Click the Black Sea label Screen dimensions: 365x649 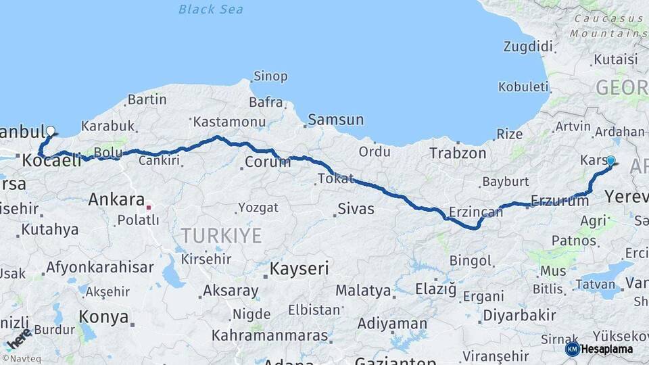coord(211,9)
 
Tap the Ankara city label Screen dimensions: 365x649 coord(116,200)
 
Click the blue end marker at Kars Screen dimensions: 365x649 coord(610,161)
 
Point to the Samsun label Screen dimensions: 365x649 coord(335,120)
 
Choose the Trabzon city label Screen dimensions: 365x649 coord(458,153)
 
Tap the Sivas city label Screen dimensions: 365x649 coord(356,209)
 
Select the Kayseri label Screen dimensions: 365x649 coord(299,268)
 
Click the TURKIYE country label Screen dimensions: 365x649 coord(220,235)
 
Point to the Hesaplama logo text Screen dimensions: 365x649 coord(606,349)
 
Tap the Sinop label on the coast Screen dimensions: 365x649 coord(270,76)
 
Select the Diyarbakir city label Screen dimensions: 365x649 coord(519,315)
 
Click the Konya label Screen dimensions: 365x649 coord(103,316)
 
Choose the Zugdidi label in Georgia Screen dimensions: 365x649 coord(527,47)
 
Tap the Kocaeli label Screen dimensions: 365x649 coord(51,161)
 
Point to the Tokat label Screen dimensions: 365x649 coord(335,179)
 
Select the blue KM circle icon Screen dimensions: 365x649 coord(572,349)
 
